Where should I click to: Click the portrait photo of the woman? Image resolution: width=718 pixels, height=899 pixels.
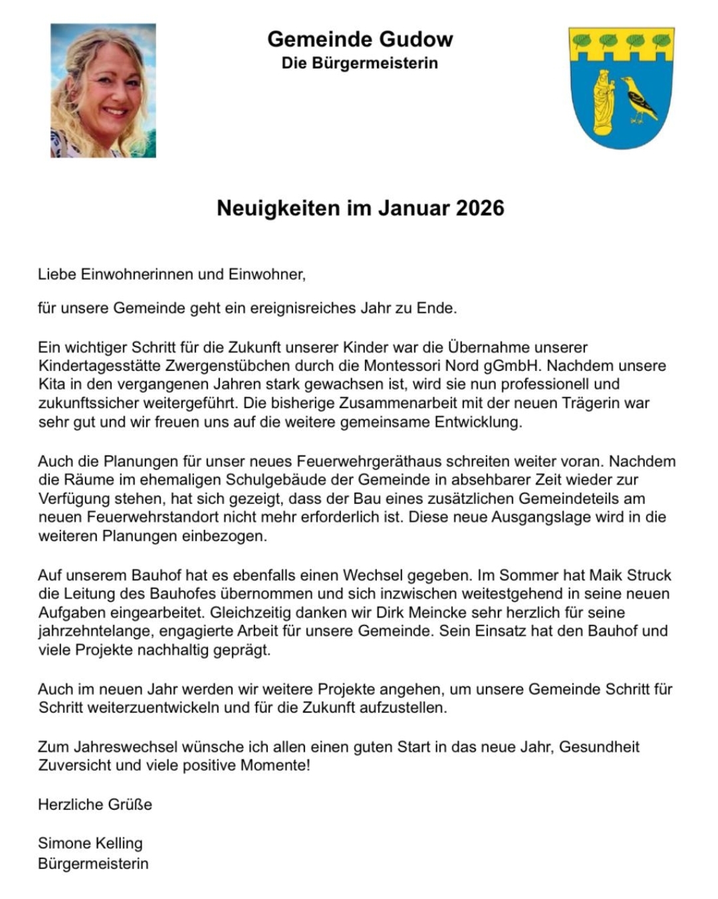(103, 90)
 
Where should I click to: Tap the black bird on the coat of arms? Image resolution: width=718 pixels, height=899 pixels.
(639, 99)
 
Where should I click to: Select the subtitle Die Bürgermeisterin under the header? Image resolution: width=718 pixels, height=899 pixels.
(360, 63)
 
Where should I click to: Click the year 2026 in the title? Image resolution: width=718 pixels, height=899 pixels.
(480, 208)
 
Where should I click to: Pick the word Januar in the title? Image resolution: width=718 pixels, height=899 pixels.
(414, 208)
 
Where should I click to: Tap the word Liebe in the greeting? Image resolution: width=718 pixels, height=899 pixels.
(57, 274)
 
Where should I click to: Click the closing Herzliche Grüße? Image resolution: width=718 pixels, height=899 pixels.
(95, 805)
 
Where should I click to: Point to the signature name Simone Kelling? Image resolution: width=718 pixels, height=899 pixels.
(90, 843)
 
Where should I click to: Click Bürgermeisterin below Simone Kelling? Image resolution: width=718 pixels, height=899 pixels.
(93, 864)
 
